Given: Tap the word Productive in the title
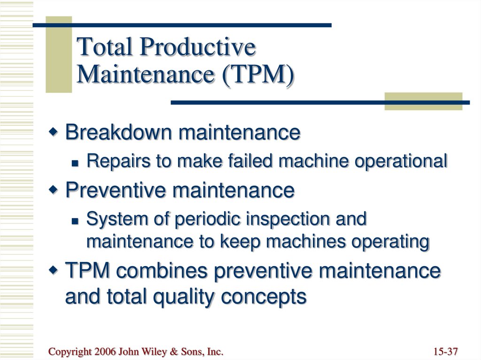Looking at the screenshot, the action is pos(198,46).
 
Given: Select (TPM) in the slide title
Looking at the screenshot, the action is pos(258,75).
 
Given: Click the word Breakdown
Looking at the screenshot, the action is pos(118,132).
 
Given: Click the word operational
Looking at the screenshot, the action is pos(401,161).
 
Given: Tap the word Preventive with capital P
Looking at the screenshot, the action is pos(116,190).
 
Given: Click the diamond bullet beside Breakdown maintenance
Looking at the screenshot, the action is pos(53,132).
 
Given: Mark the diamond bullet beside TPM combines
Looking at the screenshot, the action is pos(53,270).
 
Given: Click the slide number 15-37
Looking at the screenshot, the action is pos(445,352).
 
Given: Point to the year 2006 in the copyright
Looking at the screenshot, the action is pos(105,352).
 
